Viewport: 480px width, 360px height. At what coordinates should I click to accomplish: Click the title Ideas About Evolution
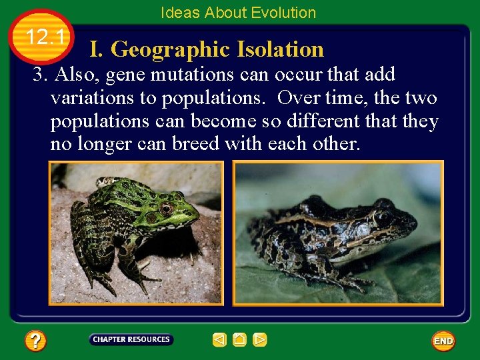238,13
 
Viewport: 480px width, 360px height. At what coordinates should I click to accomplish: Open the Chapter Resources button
131,339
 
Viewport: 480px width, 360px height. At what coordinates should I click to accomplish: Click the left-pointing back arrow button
219,340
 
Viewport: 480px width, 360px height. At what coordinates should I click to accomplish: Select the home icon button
239,340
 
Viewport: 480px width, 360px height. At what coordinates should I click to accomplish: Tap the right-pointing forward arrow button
260,340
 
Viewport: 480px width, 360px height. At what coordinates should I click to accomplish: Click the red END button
443,341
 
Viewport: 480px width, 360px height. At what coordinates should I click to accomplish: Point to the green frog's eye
166,209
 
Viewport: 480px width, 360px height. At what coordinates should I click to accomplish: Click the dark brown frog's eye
382,217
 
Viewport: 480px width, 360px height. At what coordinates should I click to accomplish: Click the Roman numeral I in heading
95,49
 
